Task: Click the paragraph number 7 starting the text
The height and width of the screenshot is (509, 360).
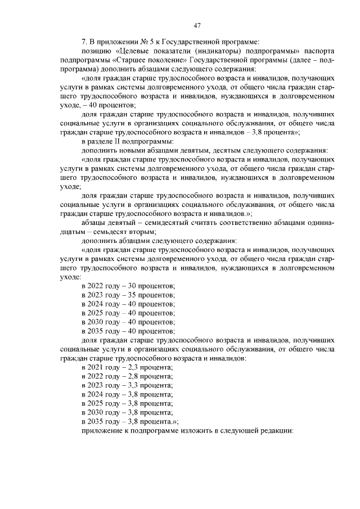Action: coord(84,42)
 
